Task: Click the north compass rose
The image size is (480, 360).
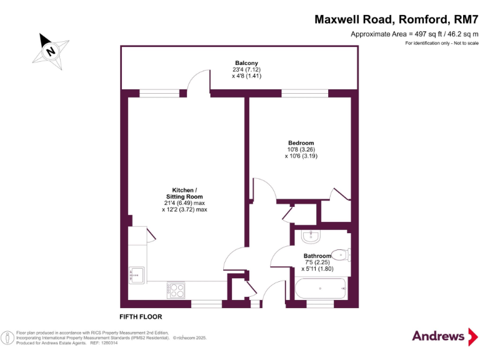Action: pos(51,51)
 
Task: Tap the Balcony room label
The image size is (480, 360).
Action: pos(246,63)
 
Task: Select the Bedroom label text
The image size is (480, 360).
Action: pos(301,143)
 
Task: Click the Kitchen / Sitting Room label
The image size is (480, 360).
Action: pos(184,194)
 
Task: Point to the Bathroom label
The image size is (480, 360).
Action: pos(317,256)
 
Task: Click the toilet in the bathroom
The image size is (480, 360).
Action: pos(341,255)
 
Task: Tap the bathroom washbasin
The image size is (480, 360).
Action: pos(311,236)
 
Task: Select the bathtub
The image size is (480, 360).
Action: pos(321,288)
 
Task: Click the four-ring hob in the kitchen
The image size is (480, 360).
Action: pos(176,290)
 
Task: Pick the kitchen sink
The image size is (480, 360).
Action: pos(136,275)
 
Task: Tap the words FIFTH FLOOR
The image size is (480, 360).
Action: pos(141,317)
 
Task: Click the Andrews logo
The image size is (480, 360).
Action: pos(445,336)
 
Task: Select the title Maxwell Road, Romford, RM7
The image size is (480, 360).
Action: pos(396,19)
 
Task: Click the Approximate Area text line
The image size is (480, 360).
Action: pos(414,34)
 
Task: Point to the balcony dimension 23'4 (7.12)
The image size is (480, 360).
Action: pos(246,69)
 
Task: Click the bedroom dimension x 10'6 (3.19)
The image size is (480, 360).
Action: pos(301,156)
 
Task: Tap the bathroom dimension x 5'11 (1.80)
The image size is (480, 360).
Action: pos(317,269)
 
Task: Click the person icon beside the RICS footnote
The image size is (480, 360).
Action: pos(7,338)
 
